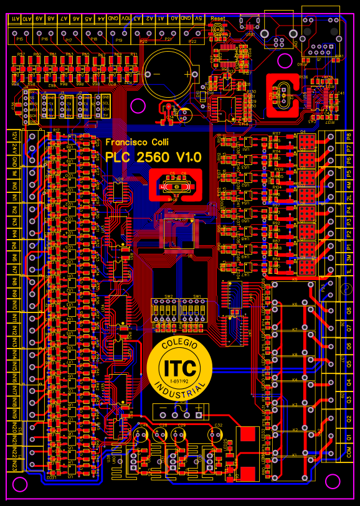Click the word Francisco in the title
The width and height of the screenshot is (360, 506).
(123, 143)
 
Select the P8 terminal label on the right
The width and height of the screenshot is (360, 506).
(348, 136)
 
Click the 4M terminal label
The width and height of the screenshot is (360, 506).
(348, 185)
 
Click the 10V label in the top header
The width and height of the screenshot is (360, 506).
(126, 19)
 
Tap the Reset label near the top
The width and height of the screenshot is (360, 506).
(218, 19)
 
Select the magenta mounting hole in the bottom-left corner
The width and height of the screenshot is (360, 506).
(20, 484)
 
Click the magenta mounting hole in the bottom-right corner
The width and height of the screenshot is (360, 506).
(334, 480)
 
